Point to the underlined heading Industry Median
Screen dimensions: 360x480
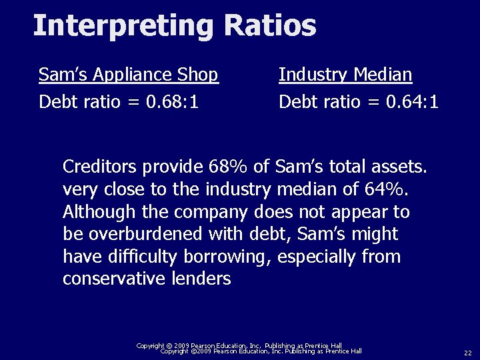coord(345,74)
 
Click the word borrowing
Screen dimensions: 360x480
coord(227,257)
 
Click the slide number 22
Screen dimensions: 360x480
coord(467,352)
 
